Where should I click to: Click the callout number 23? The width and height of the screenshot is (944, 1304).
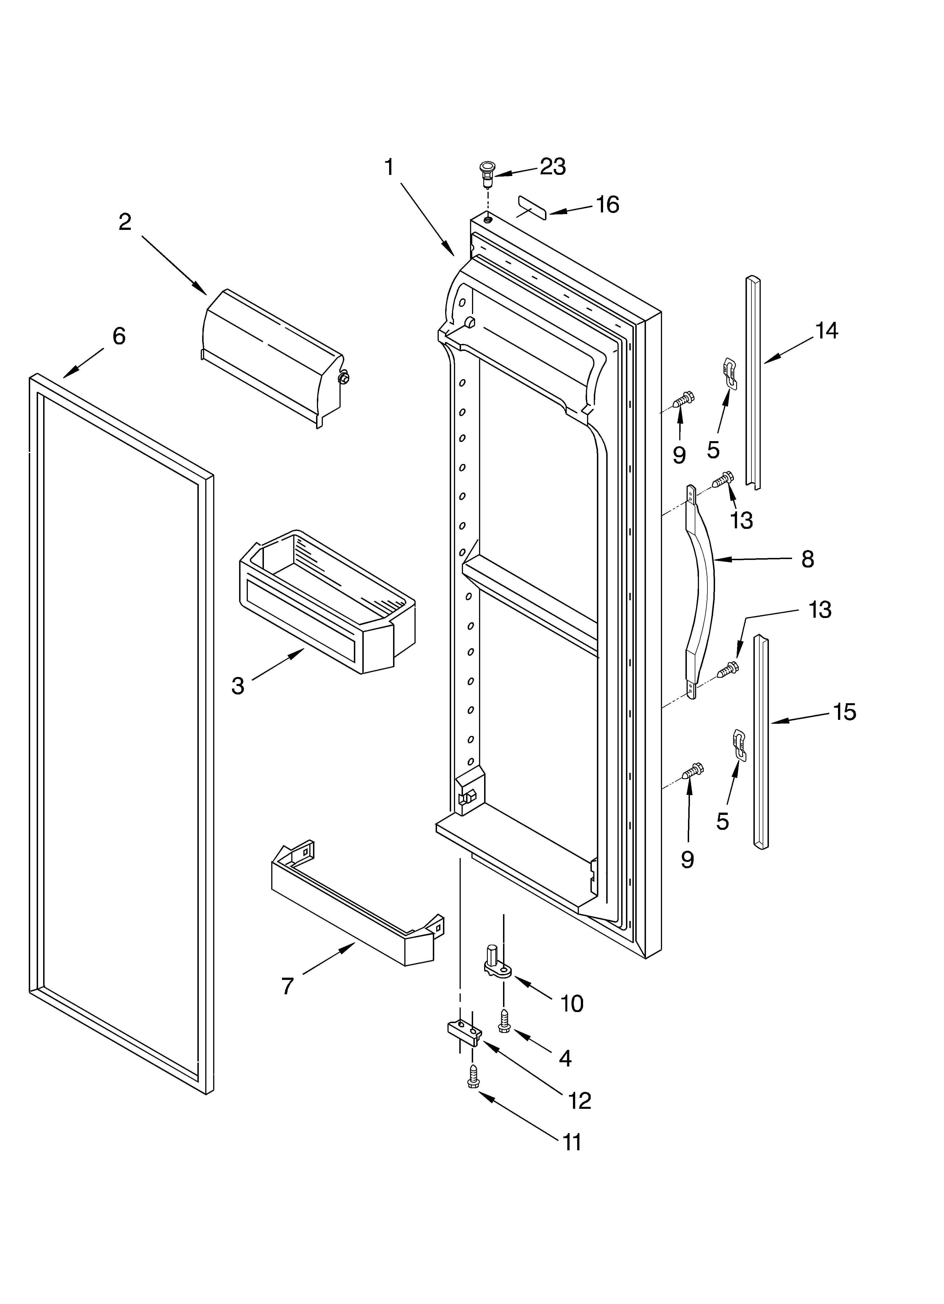(552, 167)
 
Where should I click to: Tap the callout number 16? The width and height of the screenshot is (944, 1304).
(607, 205)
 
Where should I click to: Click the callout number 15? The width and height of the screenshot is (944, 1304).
(844, 712)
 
